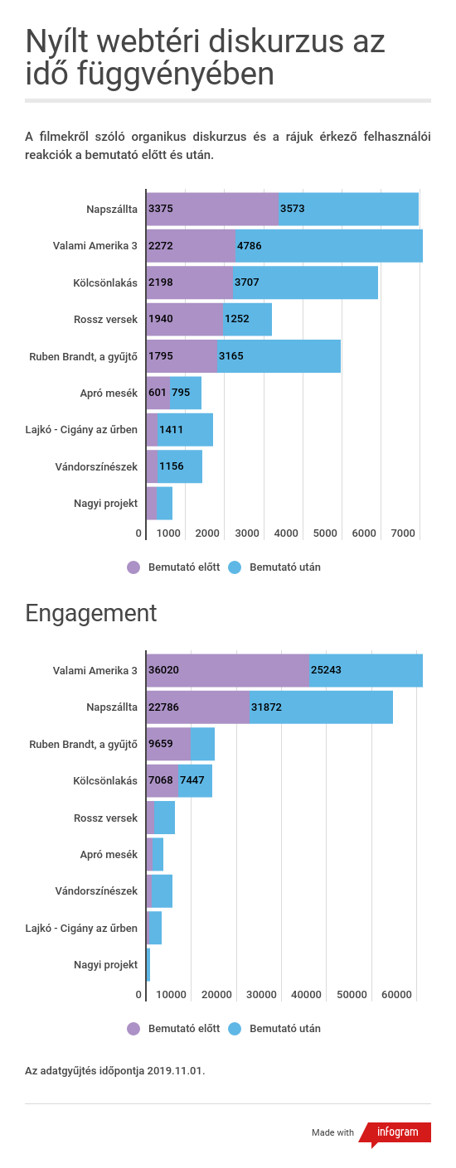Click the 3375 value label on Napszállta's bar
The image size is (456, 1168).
161,209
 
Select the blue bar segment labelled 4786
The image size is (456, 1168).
329,245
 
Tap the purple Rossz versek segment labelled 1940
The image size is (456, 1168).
185,319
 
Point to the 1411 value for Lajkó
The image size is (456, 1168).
171,430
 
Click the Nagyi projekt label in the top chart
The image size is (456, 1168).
106,503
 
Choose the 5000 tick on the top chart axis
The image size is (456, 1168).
325,533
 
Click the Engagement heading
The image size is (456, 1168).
90,613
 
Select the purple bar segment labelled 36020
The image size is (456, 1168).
228,670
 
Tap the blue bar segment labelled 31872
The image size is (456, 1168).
322,707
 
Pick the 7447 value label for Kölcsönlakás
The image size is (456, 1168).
192,780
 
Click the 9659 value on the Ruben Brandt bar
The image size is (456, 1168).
161,744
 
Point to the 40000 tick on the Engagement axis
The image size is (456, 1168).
306,994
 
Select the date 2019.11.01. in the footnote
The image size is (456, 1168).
176,1070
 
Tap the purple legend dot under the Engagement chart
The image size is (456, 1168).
133,1028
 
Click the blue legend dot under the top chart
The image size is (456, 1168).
235,567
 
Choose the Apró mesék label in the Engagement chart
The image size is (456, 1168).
109,855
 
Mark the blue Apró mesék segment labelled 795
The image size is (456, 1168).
186,393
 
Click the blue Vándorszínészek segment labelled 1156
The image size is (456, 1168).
180,466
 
